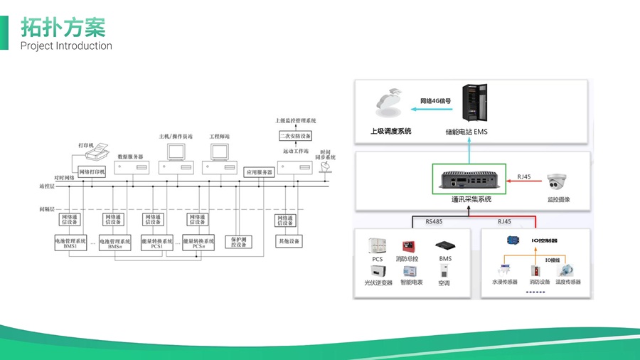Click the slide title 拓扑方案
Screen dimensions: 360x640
(63, 26)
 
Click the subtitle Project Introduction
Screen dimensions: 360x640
(66, 46)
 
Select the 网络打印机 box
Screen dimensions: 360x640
(92, 171)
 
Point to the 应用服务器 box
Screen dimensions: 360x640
(258, 172)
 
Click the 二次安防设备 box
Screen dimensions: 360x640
(296, 135)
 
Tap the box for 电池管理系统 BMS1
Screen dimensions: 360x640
(70, 243)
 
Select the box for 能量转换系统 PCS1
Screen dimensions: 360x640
(156, 243)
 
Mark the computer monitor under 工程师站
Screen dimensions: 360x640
(218, 151)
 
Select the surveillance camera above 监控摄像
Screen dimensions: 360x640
(556, 182)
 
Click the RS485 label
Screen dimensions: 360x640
(434, 221)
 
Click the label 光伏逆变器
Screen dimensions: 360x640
(378, 282)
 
